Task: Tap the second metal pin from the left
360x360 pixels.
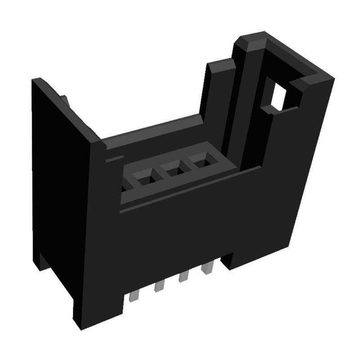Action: (158, 286)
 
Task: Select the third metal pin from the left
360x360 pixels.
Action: (183, 277)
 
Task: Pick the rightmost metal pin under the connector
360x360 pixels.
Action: (207, 268)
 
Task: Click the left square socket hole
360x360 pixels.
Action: (145, 180)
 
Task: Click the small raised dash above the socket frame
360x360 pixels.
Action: (114, 158)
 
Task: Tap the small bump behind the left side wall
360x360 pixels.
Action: (65, 98)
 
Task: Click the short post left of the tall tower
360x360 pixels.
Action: (216, 90)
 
